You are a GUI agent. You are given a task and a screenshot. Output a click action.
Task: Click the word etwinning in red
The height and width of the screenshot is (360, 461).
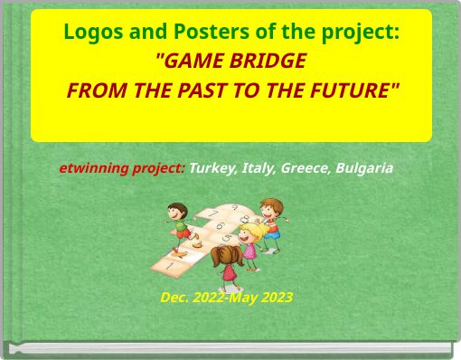(x=91, y=168)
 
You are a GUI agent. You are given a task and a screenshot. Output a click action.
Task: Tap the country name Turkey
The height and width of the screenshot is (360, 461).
(x=212, y=168)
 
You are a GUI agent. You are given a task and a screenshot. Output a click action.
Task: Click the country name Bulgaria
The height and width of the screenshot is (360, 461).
(x=363, y=168)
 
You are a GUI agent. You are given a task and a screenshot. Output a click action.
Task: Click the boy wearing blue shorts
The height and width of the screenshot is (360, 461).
(x=268, y=222)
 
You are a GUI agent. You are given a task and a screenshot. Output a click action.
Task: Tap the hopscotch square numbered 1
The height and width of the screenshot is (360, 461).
(x=167, y=266)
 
